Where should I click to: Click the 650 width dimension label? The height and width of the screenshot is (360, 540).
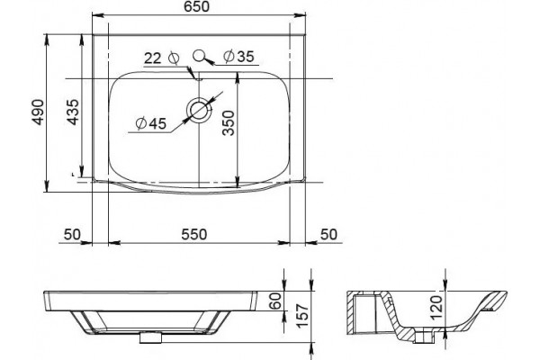point(196,6)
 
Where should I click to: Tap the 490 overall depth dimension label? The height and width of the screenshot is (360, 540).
point(38,112)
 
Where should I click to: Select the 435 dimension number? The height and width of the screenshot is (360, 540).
point(73,112)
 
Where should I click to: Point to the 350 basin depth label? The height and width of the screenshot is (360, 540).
point(228,123)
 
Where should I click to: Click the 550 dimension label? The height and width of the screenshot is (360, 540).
point(194,234)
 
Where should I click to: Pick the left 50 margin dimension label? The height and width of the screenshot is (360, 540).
point(72,234)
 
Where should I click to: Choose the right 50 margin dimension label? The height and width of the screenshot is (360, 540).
point(328,234)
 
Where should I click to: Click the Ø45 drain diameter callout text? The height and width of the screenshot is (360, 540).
point(151,123)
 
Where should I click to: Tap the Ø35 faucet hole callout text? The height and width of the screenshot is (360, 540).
point(238,56)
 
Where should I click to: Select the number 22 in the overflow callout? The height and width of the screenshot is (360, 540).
point(153,58)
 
